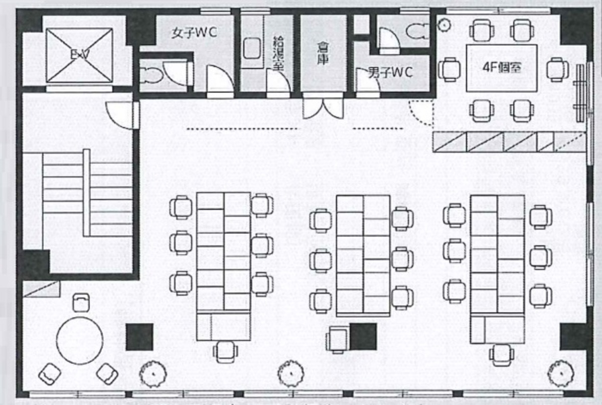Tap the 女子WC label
(x=194, y=33)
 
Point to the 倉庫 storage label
(x=323, y=53)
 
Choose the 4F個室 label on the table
(x=502, y=67)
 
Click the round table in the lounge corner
(x=80, y=339)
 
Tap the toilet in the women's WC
(x=150, y=76)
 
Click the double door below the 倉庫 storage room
(x=323, y=107)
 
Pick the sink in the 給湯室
(x=252, y=49)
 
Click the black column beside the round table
(x=139, y=337)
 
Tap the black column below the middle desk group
(x=363, y=337)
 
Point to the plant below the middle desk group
(x=290, y=372)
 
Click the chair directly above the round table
(x=81, y=303)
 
